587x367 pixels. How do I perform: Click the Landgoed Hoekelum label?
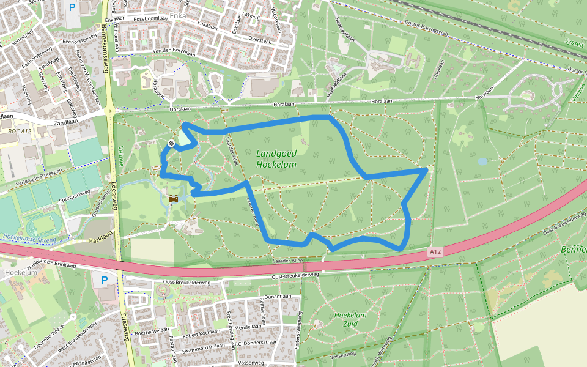[276, 160]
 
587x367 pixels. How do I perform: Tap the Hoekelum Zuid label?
[350, 319]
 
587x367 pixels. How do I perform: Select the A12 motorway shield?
[435, 251]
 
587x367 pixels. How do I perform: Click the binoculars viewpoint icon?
[174, 199]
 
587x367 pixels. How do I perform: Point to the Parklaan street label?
[102, 237]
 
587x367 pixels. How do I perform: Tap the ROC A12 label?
[20, 131]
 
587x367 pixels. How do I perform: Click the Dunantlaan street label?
[277, 296]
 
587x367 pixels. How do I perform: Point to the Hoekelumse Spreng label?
[28, 237]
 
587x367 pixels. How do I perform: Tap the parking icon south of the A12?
[104, 280]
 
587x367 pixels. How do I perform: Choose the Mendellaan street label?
[248, 327]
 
